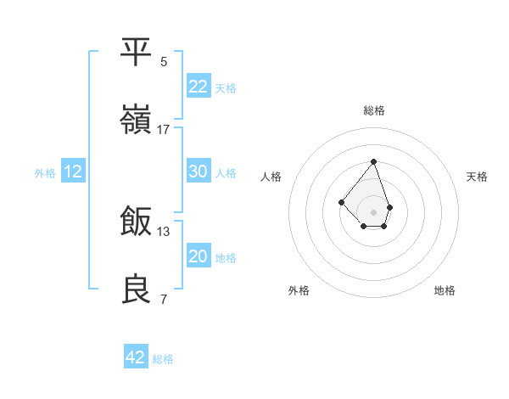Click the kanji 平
pyautogui.click(x=137, y=52)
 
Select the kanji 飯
pyautogui.click(x=137, y=222)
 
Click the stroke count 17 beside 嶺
pyautogui.click(x=164, y=129)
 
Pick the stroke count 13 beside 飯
pyautogui.click(x=164, y=231)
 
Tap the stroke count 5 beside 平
pyautogui.click(x=164, y=61)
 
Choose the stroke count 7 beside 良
pyautogui.click(x=164, y=299)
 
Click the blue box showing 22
pyautogui.click(x=199, y=87)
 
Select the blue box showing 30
pyautogui.click(x=199, y=171)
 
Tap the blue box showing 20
pyautogui.click(x=199, y=256)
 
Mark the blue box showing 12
pyautogui.click(x=73, y=171)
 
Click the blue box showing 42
pyautogui.click(x=136, y=357)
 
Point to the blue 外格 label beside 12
pyautogui.click(x=45, y=173)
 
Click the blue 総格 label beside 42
pyautogui.click(x=163, y=359)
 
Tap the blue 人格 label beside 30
pyautogui.click(x=226, y=173)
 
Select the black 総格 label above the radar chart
pyautogui.click(x=373, y=110)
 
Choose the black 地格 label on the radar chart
pyautogui.click(x=445, y=290)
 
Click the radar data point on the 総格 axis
pyautogui.click(x=373, y=161)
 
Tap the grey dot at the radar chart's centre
pyautogui.click(x=373, y=211)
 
